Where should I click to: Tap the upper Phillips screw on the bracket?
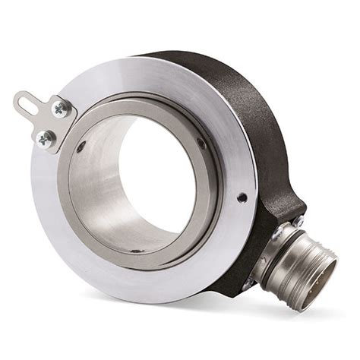(x=59, y=109)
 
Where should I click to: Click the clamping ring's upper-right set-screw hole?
(x=201, y=142)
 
